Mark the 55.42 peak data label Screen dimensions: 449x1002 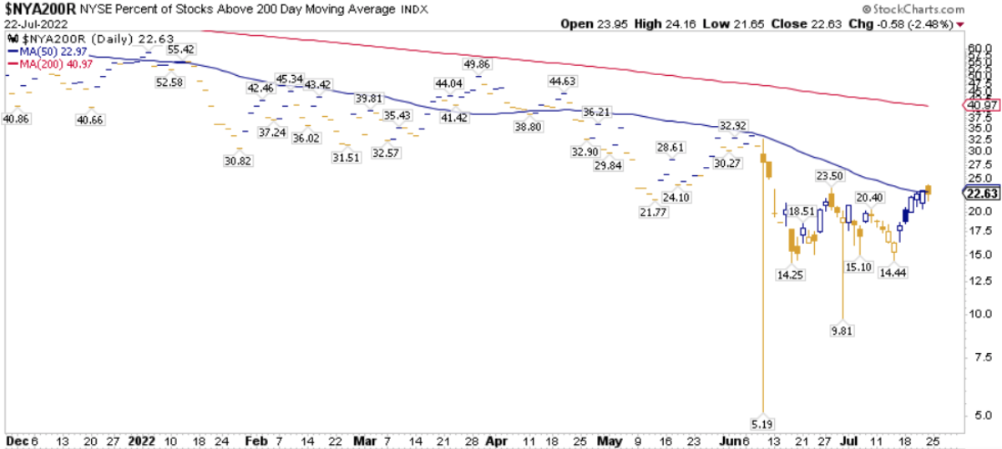pos(180,50)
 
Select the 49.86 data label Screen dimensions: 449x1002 pos(478,64)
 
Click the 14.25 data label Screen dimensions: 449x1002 pos(790,274)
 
